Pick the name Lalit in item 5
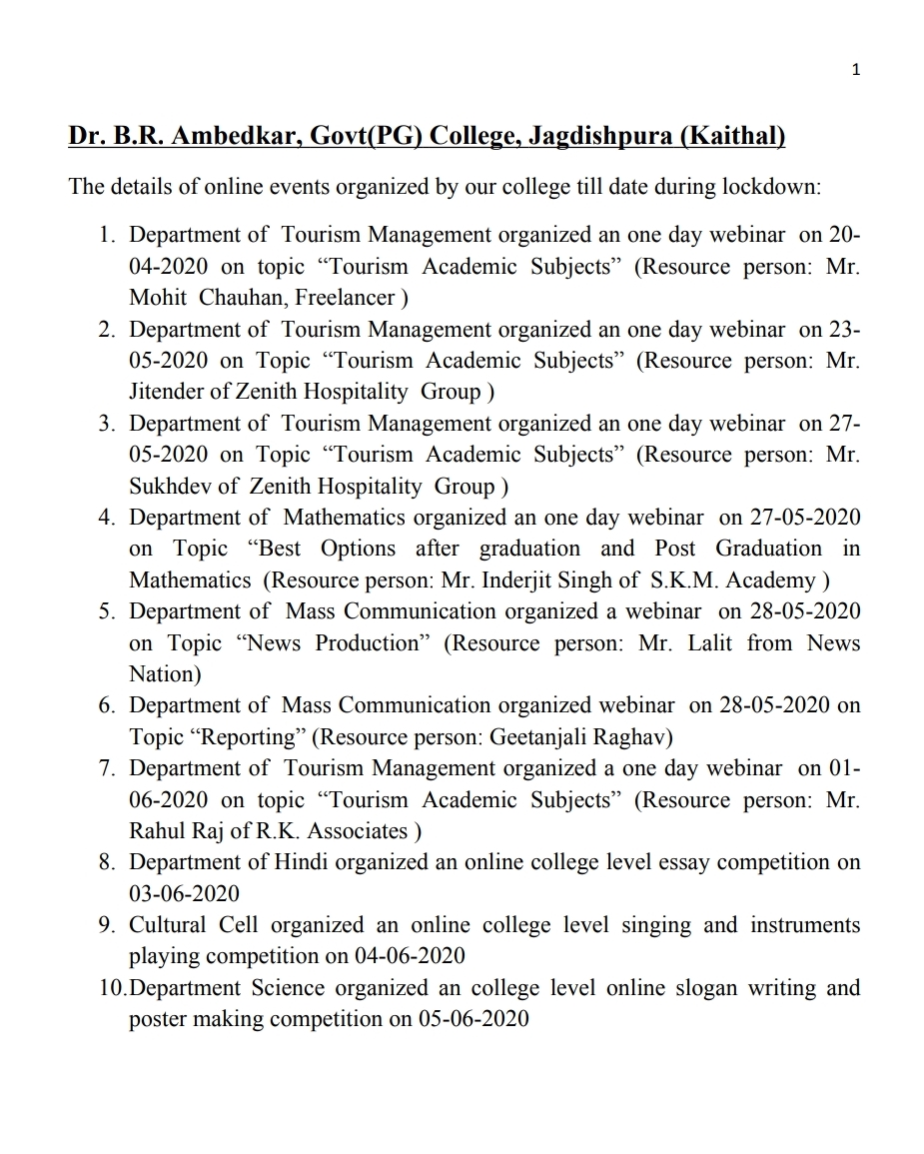click(x=708, y=643)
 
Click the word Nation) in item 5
click(x=165, y=674)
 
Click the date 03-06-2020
click(x=185, y=894)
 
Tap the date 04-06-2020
click(x=410, y=956)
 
